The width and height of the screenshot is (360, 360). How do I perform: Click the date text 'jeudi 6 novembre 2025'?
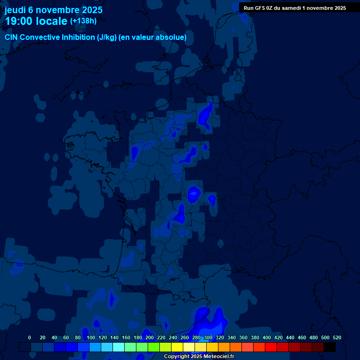pyautogui.click(x=53, y=10)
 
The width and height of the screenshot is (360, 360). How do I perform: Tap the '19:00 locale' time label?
pyautogui.click(x=36, y=21)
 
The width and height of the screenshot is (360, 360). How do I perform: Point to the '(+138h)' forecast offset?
pyautogui.click(x=83, y=21)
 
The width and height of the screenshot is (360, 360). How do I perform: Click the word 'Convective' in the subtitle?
pyautogui.click(x=41, y=37)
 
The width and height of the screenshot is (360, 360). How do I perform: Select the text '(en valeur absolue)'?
pyautogui.click(x=154, y=37)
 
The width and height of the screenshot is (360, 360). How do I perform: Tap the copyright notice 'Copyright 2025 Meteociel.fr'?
pyautogui.click(x=199, y=357)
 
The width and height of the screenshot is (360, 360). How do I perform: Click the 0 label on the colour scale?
pyautogui.click(x=30, y=337)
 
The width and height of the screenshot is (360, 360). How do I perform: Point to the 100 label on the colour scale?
pyautogui.click(x=91, y=337)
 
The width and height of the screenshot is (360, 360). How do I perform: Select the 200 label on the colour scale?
pyautogui.click(x=150, y=337)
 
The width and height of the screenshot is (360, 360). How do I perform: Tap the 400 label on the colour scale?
pyautogui.click(x=267, y=337)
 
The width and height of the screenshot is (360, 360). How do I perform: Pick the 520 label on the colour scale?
pyautogui.click(x=337, y=337)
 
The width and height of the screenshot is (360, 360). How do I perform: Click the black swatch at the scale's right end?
pyautogui.click(x=330, y=347)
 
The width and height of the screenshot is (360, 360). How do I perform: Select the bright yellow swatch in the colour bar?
pyautogui.click(x=177, y=347)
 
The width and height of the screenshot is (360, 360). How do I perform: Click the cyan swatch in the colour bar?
pyautogui.click(x=119, y=347)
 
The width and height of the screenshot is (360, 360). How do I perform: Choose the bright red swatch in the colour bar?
pyautogui.click(x=271, y=347)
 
